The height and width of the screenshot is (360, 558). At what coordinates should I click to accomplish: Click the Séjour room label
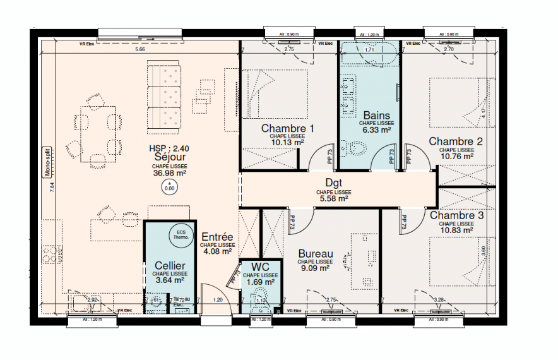pos(169,158)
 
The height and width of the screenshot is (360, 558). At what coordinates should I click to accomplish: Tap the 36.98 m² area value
pos(169,172)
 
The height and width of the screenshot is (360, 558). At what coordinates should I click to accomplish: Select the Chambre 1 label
pos(288,128)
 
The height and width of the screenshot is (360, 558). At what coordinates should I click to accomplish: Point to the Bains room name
pos(376,116)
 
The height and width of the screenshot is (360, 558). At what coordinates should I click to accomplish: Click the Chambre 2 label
pos(456,141)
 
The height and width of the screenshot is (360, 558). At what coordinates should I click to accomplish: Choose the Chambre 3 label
pos(456,215)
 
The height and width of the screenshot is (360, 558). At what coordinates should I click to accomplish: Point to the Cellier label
pos(169,266)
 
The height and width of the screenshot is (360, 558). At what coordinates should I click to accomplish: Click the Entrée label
pos(217,236)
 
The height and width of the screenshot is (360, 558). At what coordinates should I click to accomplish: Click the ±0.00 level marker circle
pos(169,186)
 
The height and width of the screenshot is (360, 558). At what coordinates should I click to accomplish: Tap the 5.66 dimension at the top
pos(140,49)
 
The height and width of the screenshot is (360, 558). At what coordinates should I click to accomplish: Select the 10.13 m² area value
pos(288,143)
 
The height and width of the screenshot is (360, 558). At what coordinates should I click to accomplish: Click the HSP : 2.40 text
pos(169,149)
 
